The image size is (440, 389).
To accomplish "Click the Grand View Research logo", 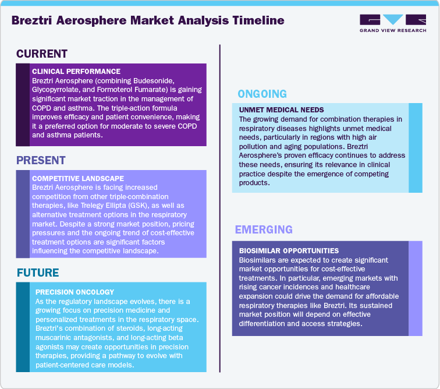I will pyautogui.click(x=392, y=23).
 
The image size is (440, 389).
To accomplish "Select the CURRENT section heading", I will pyautogui.click(x=42, y=54).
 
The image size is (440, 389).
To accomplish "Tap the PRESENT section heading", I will pyautogui.click(x=41, y=160).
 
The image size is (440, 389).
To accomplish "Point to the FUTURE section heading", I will pyautogui.click(x=38, y=273).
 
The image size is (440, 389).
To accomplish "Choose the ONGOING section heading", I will pyautogui.click(x=262, y=94).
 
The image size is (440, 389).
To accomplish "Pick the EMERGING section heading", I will pyautogui.click(x=264, y=229).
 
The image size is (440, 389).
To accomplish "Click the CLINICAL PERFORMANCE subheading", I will pyautogui.click(x=76, y=71).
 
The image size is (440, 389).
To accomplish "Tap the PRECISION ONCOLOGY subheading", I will pyautogui.click(x=74, y=292).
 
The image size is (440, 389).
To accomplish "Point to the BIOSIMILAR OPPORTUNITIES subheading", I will pyautogui.click(x=289, y=250).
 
